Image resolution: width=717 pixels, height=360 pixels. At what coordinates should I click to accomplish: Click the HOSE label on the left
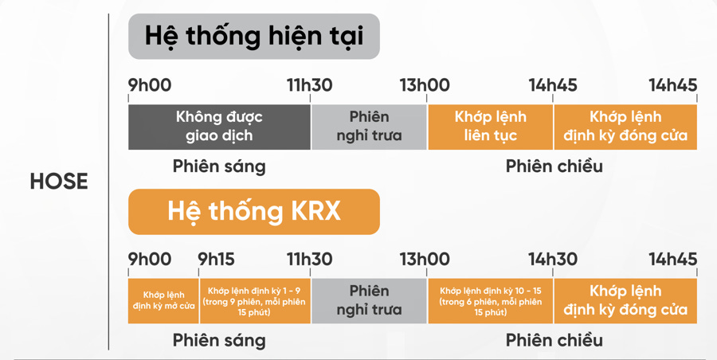[x=58, y=182]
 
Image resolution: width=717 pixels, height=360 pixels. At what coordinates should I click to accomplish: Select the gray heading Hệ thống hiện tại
[x=254, y=37]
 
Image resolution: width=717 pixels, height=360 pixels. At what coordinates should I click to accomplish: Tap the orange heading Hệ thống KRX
[x=254, y=211]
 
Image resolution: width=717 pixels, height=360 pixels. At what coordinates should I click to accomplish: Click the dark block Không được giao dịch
[x=219, y=126]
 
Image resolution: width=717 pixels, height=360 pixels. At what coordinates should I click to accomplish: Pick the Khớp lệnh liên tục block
[x=491, y=126]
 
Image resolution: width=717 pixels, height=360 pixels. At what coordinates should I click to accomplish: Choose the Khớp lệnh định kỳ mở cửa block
[x=163, y=300]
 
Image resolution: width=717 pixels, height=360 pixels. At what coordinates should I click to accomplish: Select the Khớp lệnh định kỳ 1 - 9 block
[x=254, y=300]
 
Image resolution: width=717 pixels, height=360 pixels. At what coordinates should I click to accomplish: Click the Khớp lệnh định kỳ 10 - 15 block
[x=491, y=300]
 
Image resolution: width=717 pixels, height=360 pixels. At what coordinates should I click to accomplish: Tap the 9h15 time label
[x=217, y=260]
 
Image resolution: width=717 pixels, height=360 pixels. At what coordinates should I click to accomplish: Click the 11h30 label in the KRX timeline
[x=310, y=260]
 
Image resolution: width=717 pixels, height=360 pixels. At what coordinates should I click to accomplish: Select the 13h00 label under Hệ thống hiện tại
[x=424, y=85]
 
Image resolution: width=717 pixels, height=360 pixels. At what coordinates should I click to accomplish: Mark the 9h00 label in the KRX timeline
[x=150, y=260]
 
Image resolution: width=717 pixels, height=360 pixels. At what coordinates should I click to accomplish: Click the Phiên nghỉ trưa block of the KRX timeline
[x=369, y=300]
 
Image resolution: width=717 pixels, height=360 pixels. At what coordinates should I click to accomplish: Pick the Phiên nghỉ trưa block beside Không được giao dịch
[x=369, y=126]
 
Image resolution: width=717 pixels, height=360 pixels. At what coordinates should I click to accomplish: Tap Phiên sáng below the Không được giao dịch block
[x=219, y=166]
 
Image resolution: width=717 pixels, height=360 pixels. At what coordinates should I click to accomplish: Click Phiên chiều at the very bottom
[x=554, y=341]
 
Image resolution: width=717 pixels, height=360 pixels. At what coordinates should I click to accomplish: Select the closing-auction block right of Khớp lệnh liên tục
[x=625, y=126]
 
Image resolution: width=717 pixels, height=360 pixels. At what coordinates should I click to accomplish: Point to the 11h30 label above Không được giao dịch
[x=310, y=85]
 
